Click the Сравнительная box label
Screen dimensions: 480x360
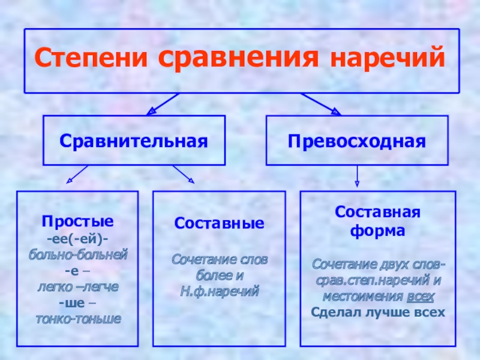(x=133, y=142)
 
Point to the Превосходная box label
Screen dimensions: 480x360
(x=357, y=142)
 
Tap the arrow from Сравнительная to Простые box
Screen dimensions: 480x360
(x=78, y=174)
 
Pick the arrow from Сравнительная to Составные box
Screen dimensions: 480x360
(x=183, y=174)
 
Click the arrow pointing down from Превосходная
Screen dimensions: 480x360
(x=358, y=175)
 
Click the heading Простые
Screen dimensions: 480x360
(x=77, y=221)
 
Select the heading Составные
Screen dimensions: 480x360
(x=219, y=223)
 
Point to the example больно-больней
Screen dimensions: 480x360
(x=77, y=254)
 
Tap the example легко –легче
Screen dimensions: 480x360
(x=77, y=287)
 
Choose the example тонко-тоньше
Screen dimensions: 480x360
(x=77, y=319)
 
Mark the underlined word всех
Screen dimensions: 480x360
(x=422, y=296)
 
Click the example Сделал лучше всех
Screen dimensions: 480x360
(x=378, y=312)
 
